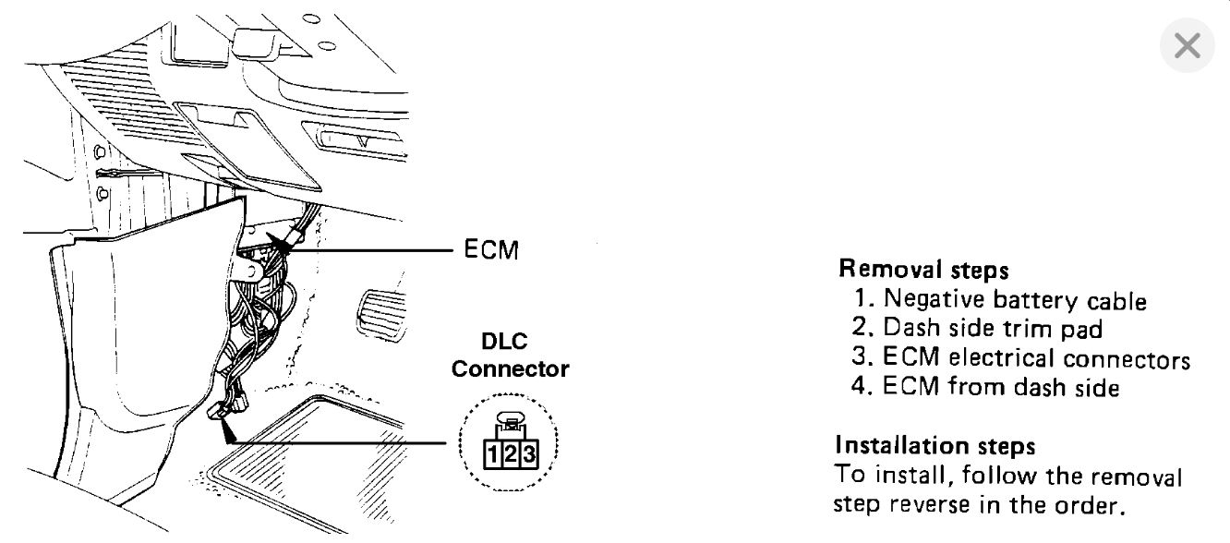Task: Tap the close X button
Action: [1187, 45]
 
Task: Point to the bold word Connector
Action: [510, 369]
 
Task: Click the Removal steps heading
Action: [922, 270]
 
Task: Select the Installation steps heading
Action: [935, 446]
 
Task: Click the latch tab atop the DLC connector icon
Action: [511, 422]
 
